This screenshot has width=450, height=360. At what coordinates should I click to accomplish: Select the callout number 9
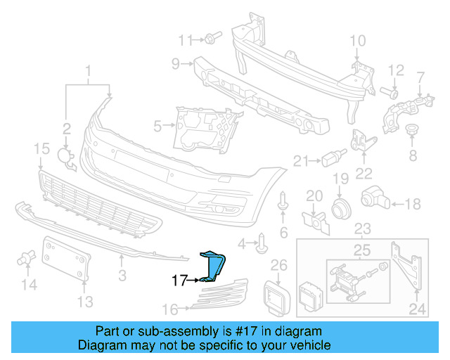click(176, 64)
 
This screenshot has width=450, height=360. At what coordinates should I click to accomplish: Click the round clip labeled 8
click(413, 131)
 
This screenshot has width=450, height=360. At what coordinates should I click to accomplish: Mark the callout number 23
click(362, 229)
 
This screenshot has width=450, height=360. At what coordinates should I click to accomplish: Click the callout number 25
click(362, 250)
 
